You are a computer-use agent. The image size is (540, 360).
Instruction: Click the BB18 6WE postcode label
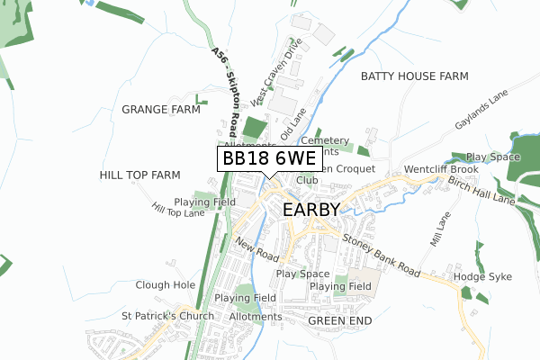point(268,158)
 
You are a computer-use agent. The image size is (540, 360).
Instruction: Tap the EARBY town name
point(311,210)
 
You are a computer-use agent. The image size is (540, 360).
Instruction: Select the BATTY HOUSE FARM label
point(415,76)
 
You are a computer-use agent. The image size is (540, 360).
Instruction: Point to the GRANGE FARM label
point(160,110)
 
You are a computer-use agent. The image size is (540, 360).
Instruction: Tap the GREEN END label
point(339,319)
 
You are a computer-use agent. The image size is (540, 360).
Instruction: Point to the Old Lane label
point(293,122)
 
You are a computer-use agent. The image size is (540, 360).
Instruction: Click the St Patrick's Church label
point(167,316)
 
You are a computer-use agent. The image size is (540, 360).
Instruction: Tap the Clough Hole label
point(165,284)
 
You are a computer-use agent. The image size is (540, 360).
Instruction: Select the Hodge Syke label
point(481,277)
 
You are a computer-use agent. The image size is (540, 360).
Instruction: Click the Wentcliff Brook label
point(441,169)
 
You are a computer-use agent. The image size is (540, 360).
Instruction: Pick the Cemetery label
point(324,141)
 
